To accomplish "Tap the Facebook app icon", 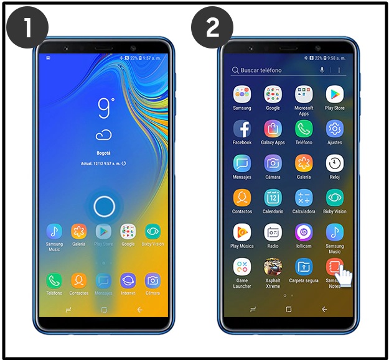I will (x=242, y=129).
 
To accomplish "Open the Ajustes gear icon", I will (x=335, y=129).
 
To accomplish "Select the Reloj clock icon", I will (x=335, y=163).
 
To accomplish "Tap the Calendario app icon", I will (x=273, y=198).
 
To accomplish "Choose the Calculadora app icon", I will (x=304, y=198).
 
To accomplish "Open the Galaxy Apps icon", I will (x=273, y=129).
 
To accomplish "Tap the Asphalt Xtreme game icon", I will (x=273, y=267).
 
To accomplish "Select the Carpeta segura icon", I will (x=304, y=267).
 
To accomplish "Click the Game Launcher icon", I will (x=242, y=267).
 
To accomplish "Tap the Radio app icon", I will (x=273, y=232).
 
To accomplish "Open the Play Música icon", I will (x=242, y=232).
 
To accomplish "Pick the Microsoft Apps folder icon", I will (x=304, y=94).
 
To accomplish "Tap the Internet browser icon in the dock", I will (x=128, y=280).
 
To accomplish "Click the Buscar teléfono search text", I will (x=261, y=70).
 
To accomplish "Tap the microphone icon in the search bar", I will (x=322, y=70).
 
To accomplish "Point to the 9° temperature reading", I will (x=105, y=108).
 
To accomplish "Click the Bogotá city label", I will (x=104, y=153).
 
